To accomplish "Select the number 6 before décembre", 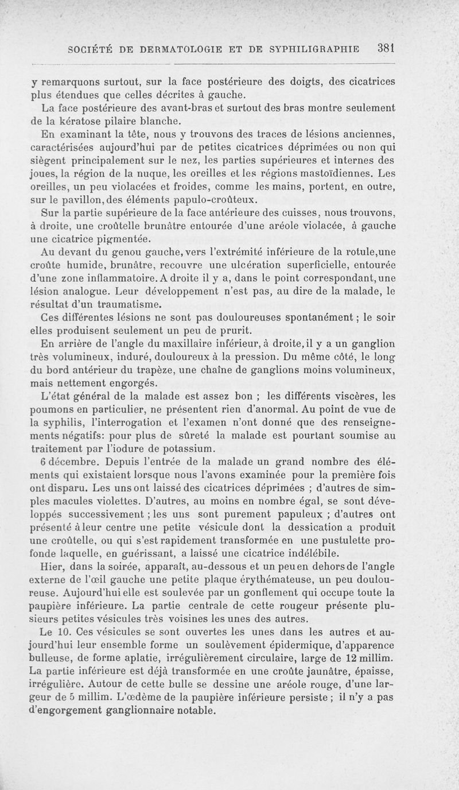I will pos(44,463).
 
